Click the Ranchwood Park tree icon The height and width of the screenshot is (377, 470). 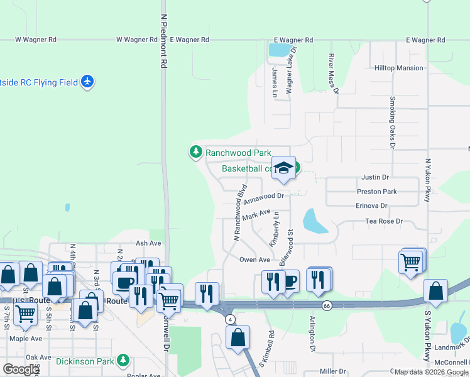[x=196, y=152]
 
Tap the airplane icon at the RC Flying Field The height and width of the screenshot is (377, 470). [x=87, y=82]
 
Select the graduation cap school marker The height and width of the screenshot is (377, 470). [x=284, y=168]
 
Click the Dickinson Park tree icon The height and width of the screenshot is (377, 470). [x=124, y=361]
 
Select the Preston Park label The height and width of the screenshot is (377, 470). [x=377, y=192]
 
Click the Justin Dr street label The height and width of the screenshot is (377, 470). [x=375, y=178]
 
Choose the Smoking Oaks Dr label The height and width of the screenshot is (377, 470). [x=392, y=122]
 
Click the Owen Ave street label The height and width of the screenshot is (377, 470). [x=254, y=260]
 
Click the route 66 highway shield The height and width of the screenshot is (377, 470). [x=326, y=305]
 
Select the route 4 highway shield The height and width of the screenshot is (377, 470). [x=231, y=319]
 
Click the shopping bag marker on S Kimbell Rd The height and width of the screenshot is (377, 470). [x=238, y=337]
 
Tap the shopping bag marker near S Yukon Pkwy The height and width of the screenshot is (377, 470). [x=435, y=292]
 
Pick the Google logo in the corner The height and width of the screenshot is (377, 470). [x=21, y=369]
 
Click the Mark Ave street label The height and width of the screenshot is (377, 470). [x=256, y=215]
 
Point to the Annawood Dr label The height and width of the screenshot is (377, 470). [x=264, y=198]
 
